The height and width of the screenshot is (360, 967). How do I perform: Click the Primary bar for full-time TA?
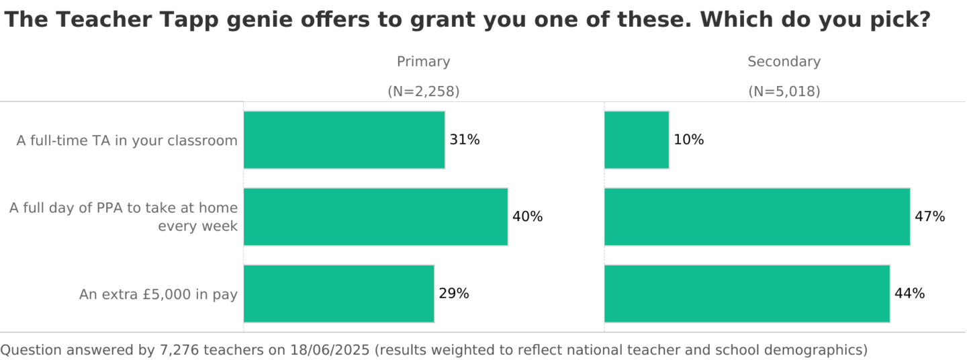tap(344, 140)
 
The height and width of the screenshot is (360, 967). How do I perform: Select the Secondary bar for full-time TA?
tap(637, 140)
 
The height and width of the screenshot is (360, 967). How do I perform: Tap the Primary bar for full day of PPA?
tap(375, 217)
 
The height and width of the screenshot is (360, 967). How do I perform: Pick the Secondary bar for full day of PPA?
tap(757, 217)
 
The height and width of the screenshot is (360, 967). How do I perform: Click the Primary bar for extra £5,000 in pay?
tap(338, 294)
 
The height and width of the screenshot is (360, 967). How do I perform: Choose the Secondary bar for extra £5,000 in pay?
tap(747, 294)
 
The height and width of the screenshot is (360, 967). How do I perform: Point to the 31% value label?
tap(465, 140)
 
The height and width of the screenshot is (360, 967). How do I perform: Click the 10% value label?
tap(689, 140)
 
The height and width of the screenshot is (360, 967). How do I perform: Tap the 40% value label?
tap(528, 217)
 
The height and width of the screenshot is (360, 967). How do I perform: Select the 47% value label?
tap(930, 217)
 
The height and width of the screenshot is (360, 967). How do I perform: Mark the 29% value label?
tap(454, 294)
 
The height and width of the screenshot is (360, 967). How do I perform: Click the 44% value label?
tap(910, 294)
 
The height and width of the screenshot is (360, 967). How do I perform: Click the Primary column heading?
tap(423, 62)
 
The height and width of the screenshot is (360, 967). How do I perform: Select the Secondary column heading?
tap(784, 62)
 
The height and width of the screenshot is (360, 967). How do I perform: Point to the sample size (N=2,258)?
tap(423, 91)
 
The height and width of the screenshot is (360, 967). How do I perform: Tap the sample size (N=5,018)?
tap(784, 91)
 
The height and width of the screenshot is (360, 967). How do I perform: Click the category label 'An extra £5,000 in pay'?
tap(158, 294)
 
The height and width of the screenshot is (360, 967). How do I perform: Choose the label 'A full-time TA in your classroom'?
tap(127, 140)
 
